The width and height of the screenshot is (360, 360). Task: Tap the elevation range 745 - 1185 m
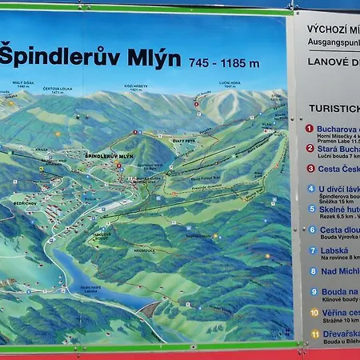[224, 62]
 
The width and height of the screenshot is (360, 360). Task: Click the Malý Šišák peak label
[22, 82]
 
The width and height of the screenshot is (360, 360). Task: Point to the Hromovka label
[144, 250]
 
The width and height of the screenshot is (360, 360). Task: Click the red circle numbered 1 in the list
[310, 128]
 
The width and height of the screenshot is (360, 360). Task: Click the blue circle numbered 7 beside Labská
[312, 250]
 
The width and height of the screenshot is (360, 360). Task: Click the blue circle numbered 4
[311, 190]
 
